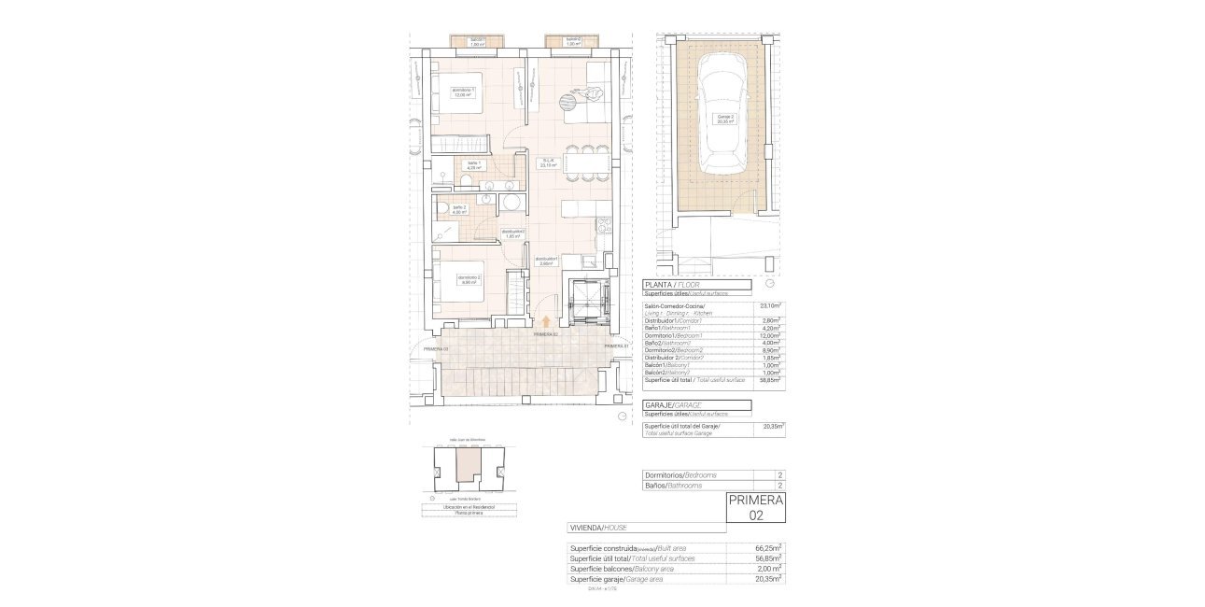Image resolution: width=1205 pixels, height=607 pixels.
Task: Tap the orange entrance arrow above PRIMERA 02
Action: (546, 322)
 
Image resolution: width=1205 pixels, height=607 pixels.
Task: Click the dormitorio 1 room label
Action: (464, 92)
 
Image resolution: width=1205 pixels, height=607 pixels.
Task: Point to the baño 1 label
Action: (475, 165)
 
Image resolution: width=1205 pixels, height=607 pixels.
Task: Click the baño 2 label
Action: (458, 209)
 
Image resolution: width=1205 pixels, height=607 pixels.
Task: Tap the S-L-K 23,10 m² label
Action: (549, 162)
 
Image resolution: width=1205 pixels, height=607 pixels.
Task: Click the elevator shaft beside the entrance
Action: (589, 298)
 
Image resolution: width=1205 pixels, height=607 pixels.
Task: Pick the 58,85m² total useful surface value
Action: (770, 380)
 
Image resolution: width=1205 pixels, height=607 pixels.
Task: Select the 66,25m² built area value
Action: (767, 548)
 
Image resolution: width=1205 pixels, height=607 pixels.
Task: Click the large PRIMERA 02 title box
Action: (755, 507)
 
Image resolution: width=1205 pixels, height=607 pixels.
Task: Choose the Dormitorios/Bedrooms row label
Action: (681, 475)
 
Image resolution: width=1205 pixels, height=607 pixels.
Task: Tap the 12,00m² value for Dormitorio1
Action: (770, 335)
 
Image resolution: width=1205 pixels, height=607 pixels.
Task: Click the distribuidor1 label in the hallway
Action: (546, 261)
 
